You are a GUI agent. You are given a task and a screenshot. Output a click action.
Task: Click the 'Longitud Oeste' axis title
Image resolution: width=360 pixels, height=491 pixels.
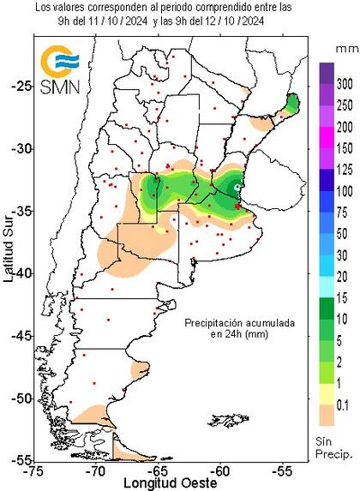point(159,482)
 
